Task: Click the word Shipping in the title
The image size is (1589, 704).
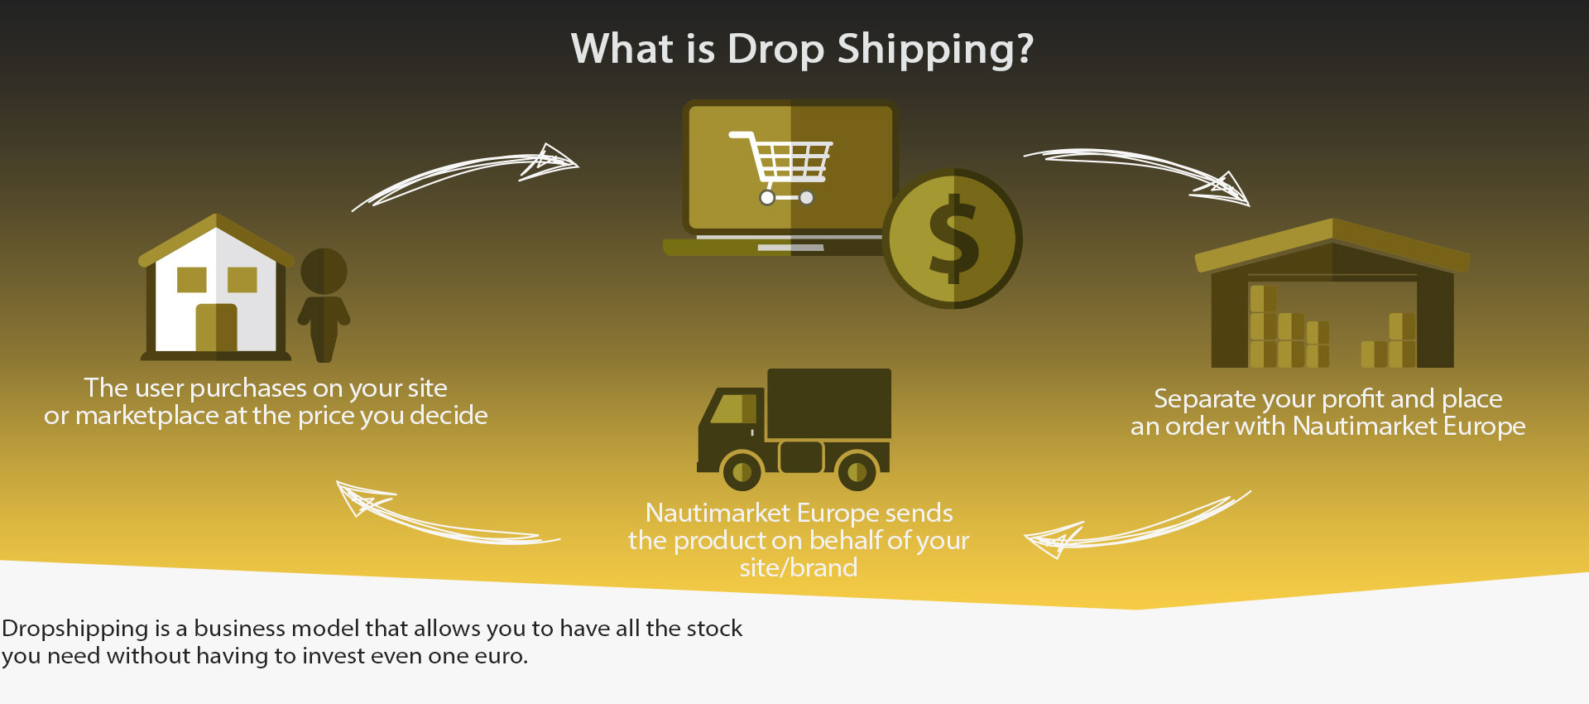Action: (x=935, y=50)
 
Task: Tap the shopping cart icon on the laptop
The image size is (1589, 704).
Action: (x=780, y=167)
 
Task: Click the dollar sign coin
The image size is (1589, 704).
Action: (x=953, y=239)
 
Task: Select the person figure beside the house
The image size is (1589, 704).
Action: (x=324, y=305)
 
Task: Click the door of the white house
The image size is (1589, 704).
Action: (x=216, y=327)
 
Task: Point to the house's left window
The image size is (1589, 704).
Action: (x=192, y=279)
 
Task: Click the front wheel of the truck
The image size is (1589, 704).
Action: (x=742, y=471)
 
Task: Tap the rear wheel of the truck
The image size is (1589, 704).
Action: (x=857, y=471)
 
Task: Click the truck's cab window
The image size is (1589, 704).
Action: (x=733, y=408)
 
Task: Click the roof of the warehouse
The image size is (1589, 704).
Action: (x=1332, y=245)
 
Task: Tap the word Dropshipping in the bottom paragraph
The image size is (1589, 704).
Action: (x=75, y=629)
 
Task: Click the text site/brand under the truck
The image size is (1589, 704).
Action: (x=799, y=567)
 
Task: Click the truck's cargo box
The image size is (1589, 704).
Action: (x=829, y=403)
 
